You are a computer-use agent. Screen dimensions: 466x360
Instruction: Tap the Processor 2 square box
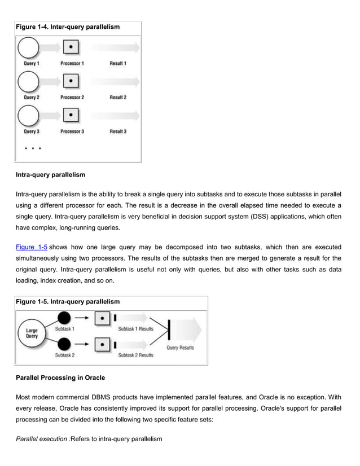click(x=70, y=82)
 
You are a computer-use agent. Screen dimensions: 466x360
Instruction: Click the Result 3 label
click(x=117, y=131)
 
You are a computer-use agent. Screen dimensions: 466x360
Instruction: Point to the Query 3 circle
click(x=28, y=116)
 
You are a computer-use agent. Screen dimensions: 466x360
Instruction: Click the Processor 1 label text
click(x=72, y=64)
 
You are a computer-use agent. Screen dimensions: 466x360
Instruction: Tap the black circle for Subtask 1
click(x=64, y=318)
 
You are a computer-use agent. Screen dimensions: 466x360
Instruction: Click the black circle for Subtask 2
click(x=64, y=344)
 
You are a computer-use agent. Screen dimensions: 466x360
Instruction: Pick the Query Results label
click(x=180, y=348)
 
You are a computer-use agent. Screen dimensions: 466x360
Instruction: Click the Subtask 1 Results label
click(x=135, y=329)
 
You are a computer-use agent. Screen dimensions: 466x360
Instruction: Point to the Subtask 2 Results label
click(x=135, y=355)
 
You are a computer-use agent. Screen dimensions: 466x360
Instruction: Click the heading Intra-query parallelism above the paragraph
click(x=50, y=175)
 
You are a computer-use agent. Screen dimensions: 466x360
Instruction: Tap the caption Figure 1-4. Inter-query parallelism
click(x=67, y=27)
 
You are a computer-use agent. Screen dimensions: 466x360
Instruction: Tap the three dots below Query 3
click(x=32, y=150)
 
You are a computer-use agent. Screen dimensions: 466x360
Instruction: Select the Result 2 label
click(x=117, y=98)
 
